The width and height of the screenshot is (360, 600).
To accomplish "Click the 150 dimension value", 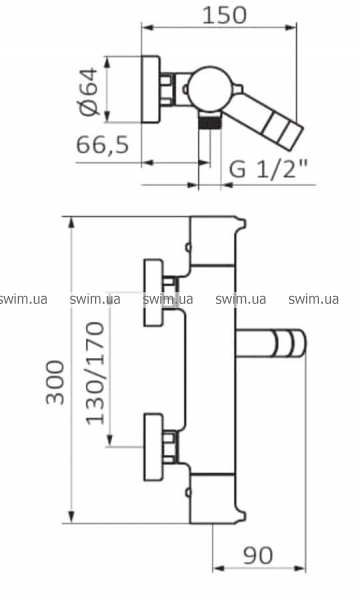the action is click(x=224, y=15).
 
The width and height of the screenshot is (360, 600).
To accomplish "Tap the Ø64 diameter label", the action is click(x=89, y=91).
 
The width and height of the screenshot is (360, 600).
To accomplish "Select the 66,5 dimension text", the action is click(x=103, y=144).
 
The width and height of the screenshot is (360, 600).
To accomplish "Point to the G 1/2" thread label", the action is click(x=268, y=168).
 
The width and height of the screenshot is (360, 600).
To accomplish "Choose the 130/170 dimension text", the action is click(x=95, y=373).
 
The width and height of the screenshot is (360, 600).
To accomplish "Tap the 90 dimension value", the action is click(x=259, y=555).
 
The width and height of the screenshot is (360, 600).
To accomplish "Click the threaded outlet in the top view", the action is click(x=210, y=123).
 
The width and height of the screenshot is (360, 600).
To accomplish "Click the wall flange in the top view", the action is click(x=151, y=90).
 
